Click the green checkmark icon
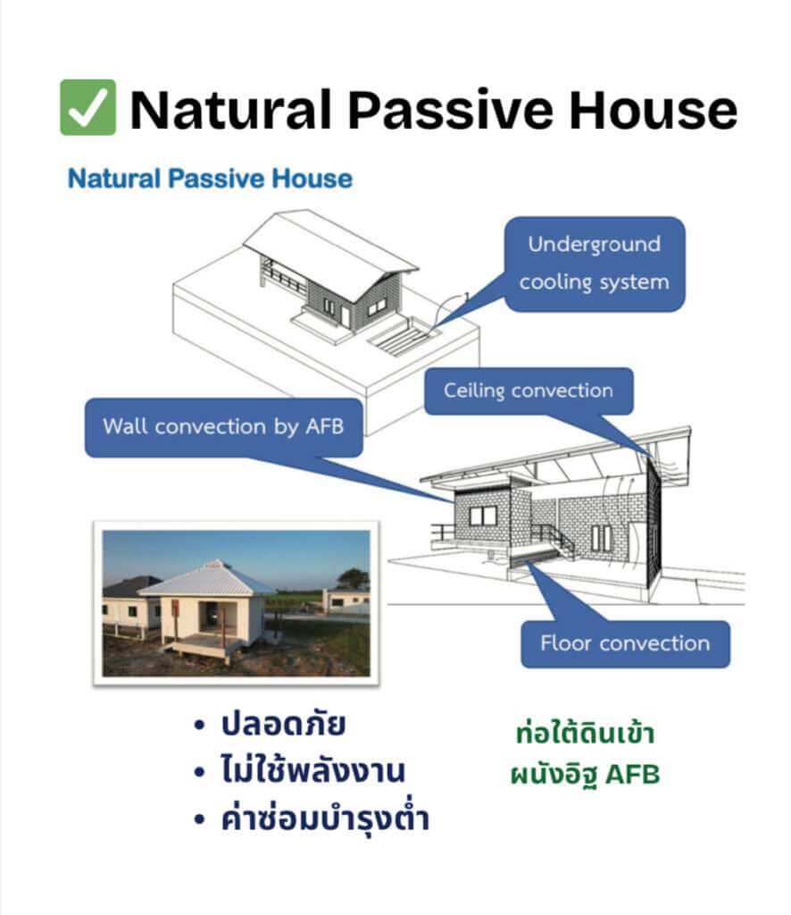(87, 107)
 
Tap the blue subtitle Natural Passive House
(210, 179)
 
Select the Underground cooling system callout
(594, 264)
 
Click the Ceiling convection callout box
(528, 391)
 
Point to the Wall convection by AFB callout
(223, 426)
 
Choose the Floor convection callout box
(625, 643)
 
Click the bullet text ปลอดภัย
(283, 726)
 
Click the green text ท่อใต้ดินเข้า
(586, 735)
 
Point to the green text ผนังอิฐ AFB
(586, 775)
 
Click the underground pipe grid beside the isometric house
(403, 339)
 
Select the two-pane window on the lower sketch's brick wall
(483, 516)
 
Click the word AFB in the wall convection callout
(317, 426)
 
